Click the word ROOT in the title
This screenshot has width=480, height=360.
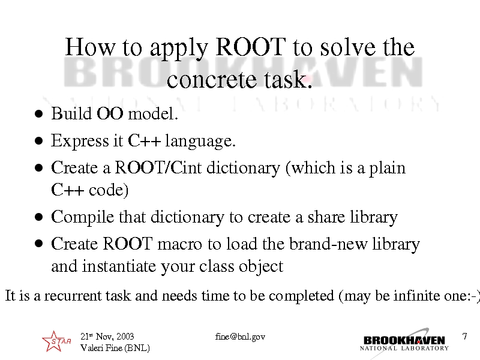[251, 47]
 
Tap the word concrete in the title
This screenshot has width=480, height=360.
[212, 80]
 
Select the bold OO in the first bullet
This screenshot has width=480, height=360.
[110, 113]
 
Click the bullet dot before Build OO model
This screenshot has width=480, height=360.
[39, 114]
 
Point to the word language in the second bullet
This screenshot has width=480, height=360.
[200, 142]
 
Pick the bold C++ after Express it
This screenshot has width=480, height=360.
[144, 140]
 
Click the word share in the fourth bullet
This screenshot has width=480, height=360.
[326, 217]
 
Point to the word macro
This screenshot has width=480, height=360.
[179, 244]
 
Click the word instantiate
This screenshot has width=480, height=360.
[119, 266]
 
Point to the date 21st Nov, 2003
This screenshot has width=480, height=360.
[107, 337]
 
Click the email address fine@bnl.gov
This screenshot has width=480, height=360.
[240, 337]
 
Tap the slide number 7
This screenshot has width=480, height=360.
[464, 337]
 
